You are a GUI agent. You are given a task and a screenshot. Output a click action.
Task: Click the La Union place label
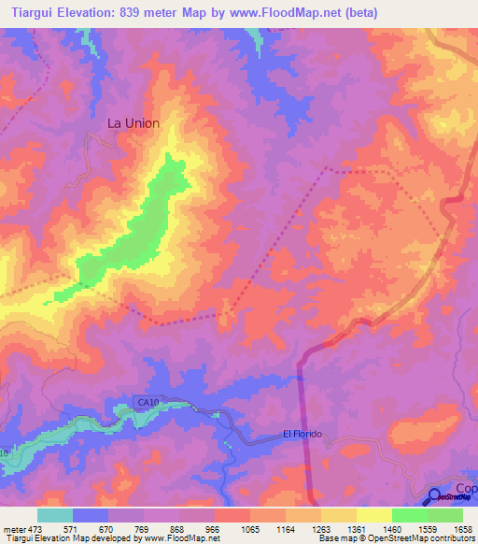tap(134, 123)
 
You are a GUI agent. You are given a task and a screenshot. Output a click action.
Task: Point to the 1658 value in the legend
tap(462, 529)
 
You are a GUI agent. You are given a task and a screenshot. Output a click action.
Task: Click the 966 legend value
tap(214, 529)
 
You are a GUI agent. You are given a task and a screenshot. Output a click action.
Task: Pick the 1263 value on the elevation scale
tap(320, 529)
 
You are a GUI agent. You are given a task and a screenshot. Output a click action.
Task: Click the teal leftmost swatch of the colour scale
tap(55, 515)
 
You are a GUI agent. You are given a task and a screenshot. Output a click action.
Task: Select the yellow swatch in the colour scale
tap(373, 515)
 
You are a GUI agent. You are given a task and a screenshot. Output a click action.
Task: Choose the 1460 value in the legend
tap(391, 529)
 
